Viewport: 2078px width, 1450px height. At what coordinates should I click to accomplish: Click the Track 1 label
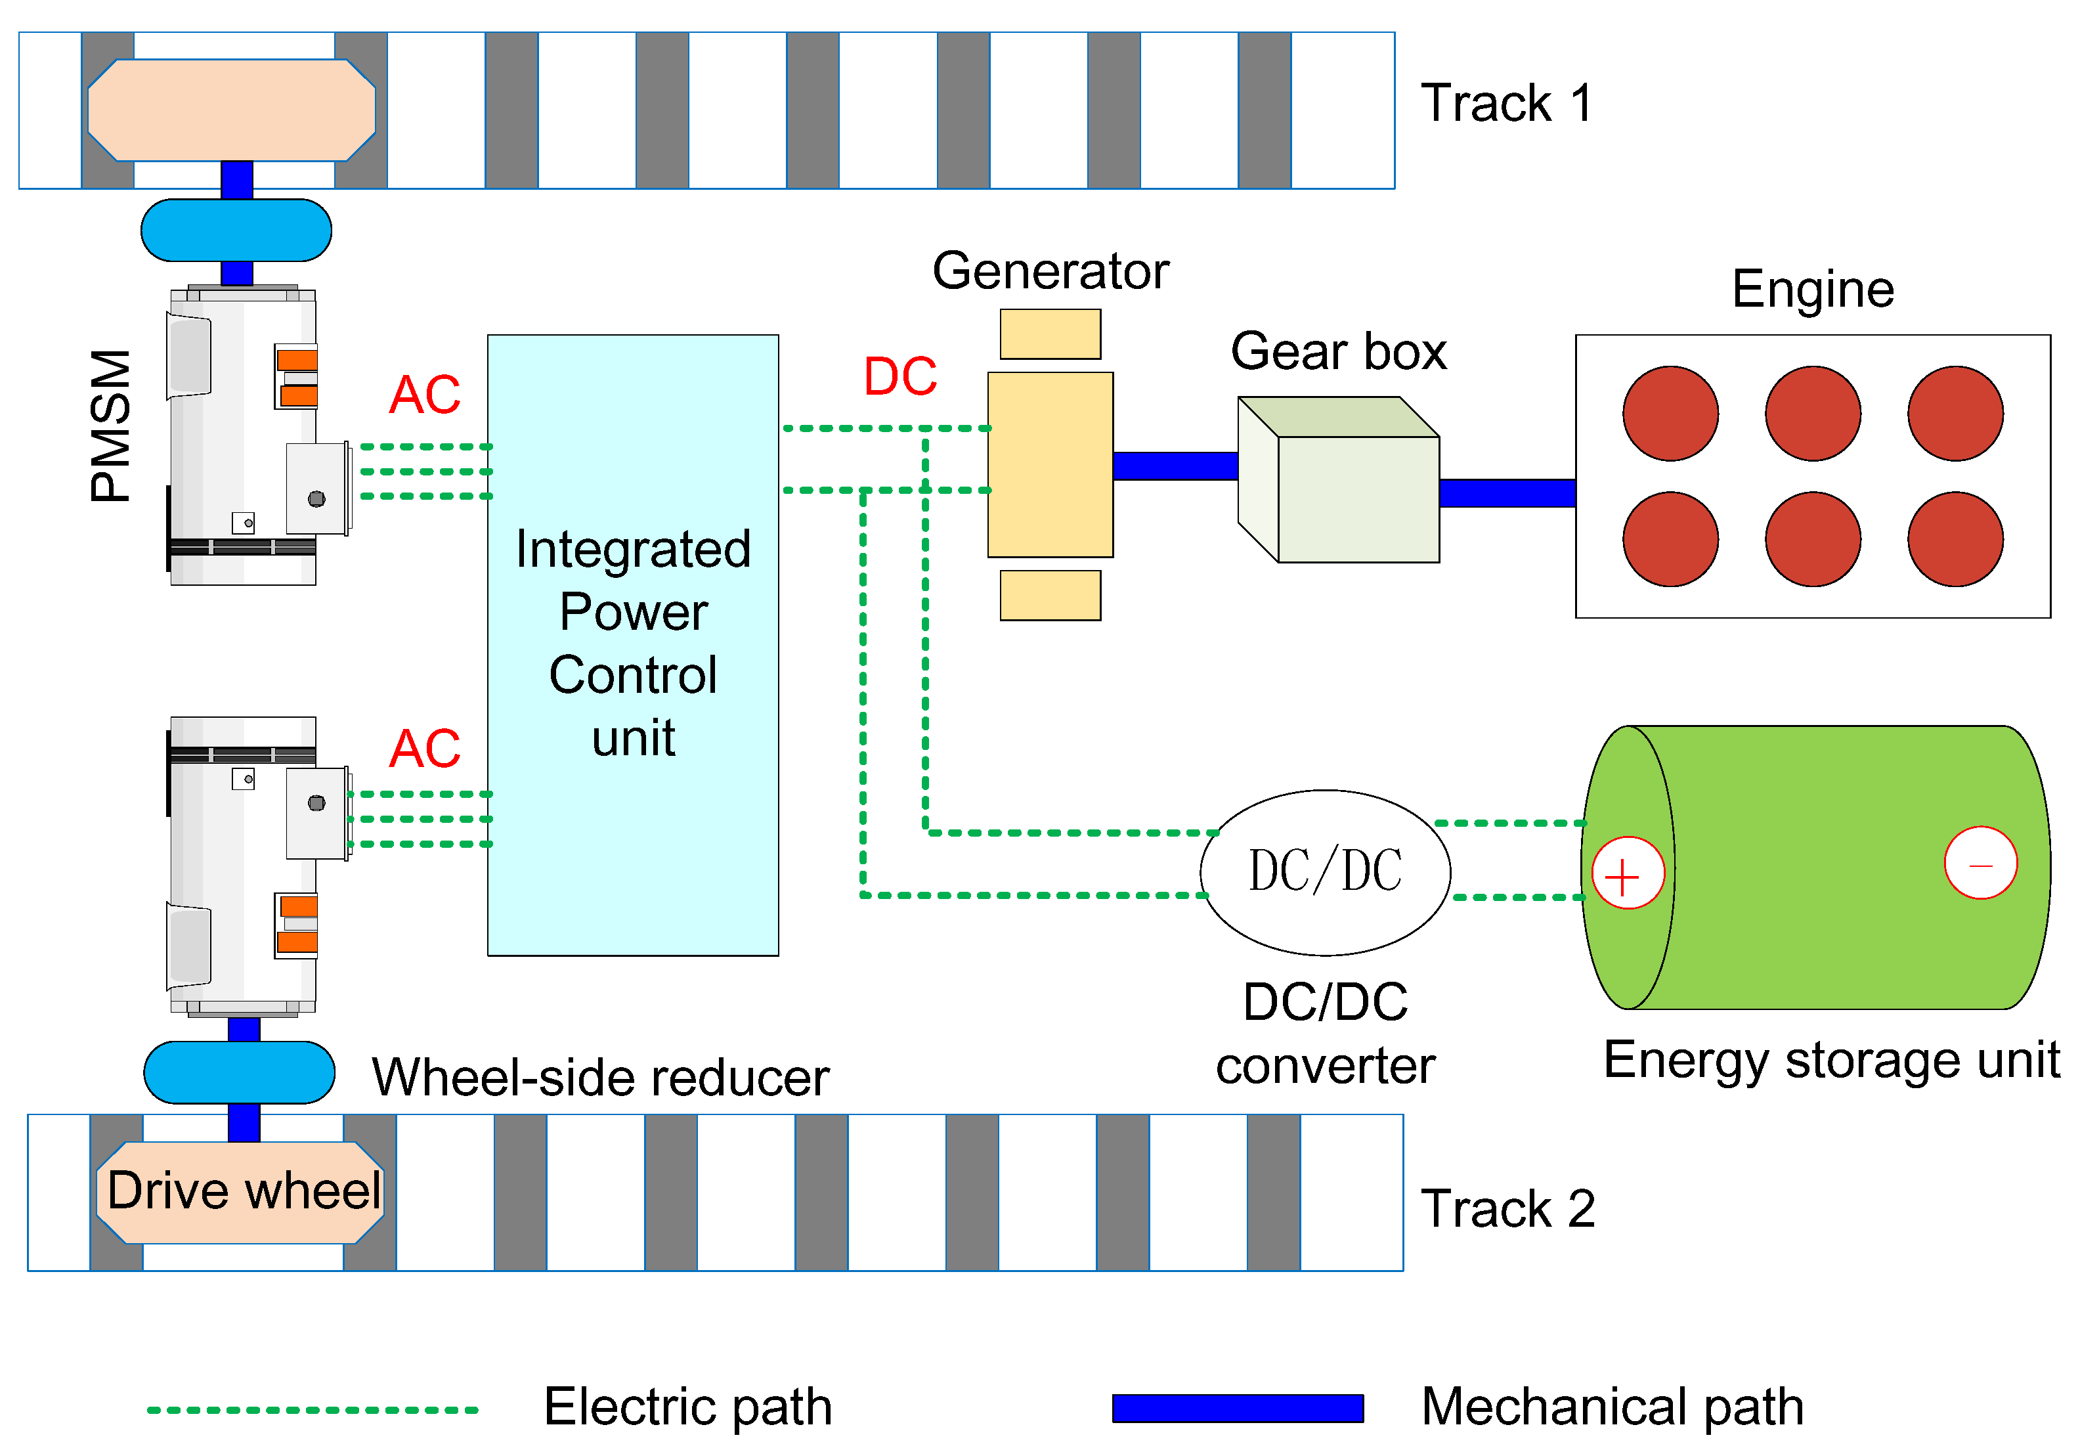pyautogui.click(x=1506, y=103)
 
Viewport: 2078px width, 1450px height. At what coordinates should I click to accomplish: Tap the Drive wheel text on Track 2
pyautogui.click(x=242, y=1191)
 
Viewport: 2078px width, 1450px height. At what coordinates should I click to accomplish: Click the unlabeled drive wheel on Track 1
pyautogui.click(x=232, y=110)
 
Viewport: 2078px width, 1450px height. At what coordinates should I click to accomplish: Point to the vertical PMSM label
pyautogui.click(x=110, y=426)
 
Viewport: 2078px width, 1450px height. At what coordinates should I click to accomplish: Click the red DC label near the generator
pyautogui.click(x=899, y=376)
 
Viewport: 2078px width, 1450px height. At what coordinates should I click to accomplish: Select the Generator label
pyautogui.click(x=1050, y=271)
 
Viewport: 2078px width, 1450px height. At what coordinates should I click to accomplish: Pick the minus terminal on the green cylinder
pyautogui.click(x=1980, y=862)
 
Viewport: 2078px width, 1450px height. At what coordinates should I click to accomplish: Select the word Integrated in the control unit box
pyautogui.click(x=633, y=550)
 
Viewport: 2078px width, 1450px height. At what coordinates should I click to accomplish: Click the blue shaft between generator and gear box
pyautogui.click(x=1175, y=465)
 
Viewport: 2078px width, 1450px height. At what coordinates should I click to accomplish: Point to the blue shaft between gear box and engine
pyautogui.click(x=1507, y=493)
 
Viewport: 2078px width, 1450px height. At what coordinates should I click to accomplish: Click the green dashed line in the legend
pyautogui.click(x=313, y=1409)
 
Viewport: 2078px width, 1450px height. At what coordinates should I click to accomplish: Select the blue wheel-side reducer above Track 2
pyautogui.click(x=239, y=1072)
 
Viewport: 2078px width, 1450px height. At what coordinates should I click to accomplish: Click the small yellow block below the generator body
pyautogui.click(x=1050, y=595)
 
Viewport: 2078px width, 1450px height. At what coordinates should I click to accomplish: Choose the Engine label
pyautogui.click(x=1812, y=290)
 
